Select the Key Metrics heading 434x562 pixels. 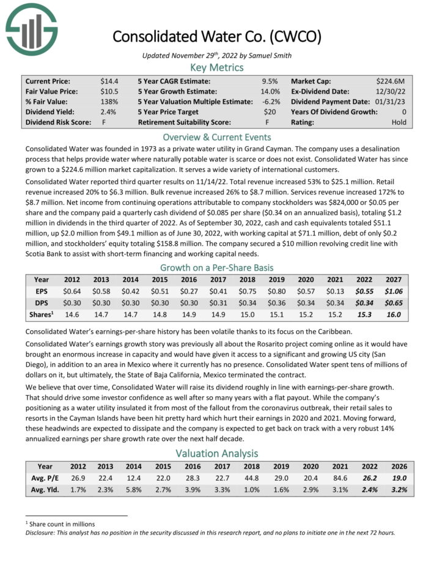[x=217, y=67]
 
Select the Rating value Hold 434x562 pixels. [x=399, y=122]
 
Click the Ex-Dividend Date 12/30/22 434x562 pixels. [x=395, y=91]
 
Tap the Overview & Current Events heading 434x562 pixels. [x=217, y=137]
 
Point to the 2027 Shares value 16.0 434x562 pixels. [x=394, y=315]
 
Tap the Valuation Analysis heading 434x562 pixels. [x=217, y=453]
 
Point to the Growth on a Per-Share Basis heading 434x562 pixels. [x=217, y=267]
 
